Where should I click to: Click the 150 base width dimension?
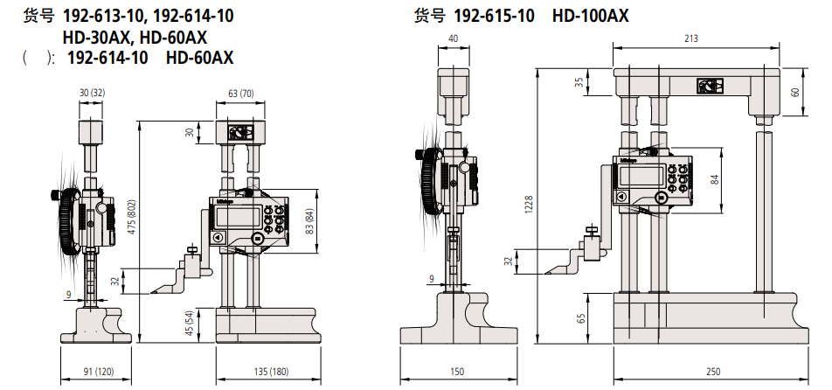pos(457,372)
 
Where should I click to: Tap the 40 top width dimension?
pos(453,38)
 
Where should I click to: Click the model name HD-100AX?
pos(590,15)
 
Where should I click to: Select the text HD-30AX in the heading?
pos(96,37)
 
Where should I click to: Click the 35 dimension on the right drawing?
pos(579,82)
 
